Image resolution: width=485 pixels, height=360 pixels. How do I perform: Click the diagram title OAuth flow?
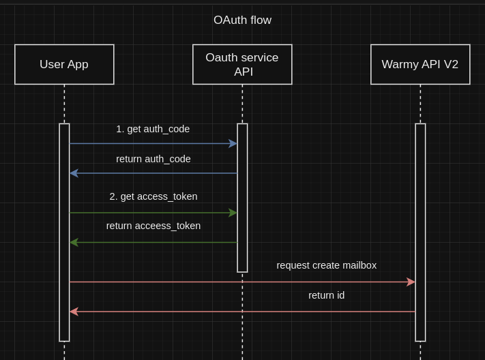(242, 20)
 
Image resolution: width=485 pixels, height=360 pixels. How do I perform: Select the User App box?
(64, 65)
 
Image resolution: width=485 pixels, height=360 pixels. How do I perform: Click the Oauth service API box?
(242, 65)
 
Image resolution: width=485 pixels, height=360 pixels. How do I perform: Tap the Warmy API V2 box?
(420, 65)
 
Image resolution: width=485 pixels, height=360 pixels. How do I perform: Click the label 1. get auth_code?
(153, 129)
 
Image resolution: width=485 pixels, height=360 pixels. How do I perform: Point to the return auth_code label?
(153, 159)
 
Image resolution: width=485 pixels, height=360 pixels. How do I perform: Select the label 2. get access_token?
(153, 196)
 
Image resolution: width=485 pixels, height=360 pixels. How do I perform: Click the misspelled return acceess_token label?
(153, 226)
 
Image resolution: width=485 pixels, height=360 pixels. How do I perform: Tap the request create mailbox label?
(326, 265)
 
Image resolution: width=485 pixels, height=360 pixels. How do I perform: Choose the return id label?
(326, 295)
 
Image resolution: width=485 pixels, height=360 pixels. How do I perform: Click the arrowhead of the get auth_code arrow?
(233, 144)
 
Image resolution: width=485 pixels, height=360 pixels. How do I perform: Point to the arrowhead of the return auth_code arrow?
(74, 173)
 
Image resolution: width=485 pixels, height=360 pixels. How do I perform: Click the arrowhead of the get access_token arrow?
(233, 213)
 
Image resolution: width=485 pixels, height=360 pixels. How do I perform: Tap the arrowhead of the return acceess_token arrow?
(74, 242)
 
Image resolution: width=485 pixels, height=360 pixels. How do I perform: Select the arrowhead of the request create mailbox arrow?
(411, 282)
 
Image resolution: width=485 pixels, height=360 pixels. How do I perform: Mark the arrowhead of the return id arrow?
(74, 312)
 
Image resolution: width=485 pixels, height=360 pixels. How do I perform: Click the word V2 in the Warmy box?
(450, 65)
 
